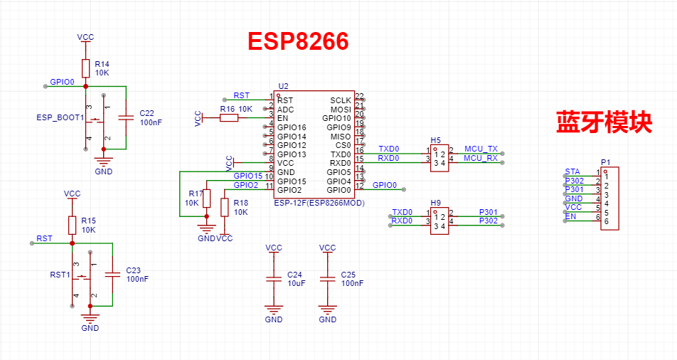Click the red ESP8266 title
tap(298, 41)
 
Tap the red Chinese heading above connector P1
tap(604, 122)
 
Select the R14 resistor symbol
tap(85, 68)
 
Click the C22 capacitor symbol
tap(126, 117)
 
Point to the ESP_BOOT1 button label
tap(60, 117)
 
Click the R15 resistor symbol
tap(72, 225)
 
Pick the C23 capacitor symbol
tap(112, 274)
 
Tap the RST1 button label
tap(60, 275)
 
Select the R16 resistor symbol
tap(229, 117)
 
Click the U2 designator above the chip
tap(283, 86)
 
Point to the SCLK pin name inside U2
tap(341, 100)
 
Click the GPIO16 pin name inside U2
tap(292, 127)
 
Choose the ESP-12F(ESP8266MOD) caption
tap(319, 203)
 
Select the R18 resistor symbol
tap(225, 208)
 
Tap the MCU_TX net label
tap(481, 149)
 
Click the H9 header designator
tap(436, 203)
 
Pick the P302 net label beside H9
tap(489, 221)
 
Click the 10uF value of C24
tap(296, 283)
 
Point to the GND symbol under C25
tap(327, 309)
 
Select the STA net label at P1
tap(572, 171)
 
